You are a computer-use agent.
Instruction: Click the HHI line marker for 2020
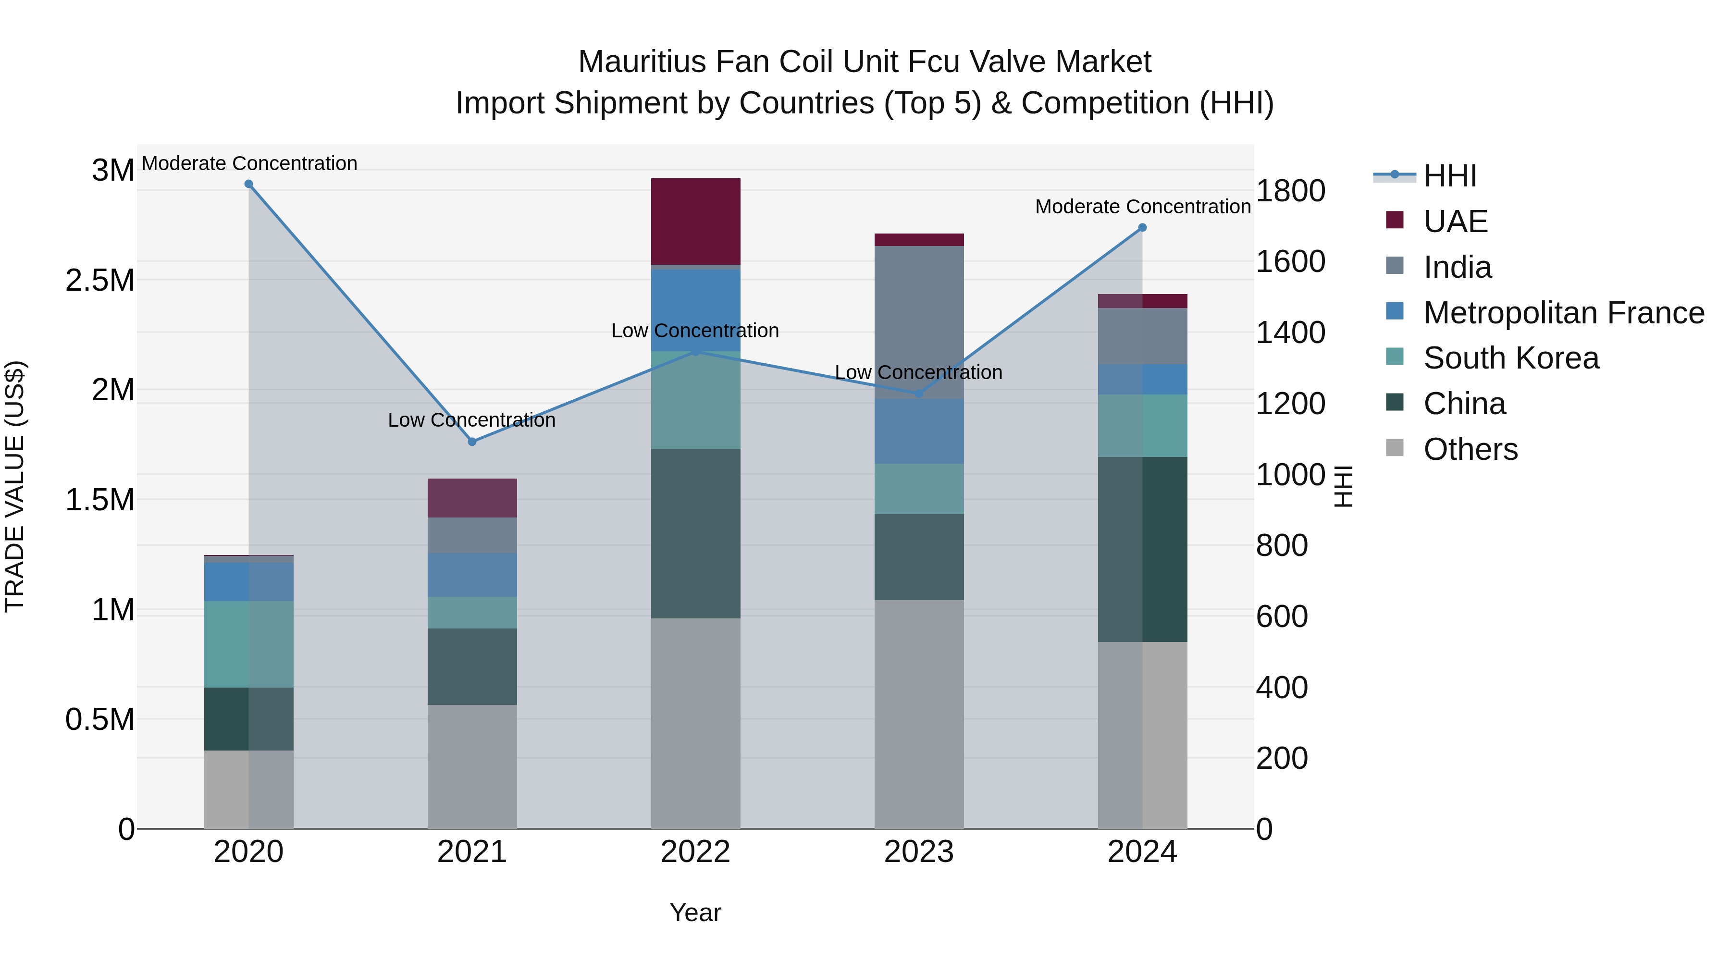coord(248,184)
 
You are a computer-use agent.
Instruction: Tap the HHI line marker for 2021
coord(472,442)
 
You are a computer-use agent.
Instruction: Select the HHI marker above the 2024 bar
coord(1142,228)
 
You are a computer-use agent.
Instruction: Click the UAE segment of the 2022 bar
coord(696,222)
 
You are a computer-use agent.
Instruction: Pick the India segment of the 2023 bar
coord(919,322)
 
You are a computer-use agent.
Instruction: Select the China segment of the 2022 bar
coord(696,534)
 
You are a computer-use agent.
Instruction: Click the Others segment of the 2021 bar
coord(472,766)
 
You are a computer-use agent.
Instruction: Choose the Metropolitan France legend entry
coord(1563,313)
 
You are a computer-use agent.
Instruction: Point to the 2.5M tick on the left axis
coord(100,281)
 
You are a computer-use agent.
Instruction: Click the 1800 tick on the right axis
coord(1290,191)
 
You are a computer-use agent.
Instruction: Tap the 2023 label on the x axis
coord(919,852)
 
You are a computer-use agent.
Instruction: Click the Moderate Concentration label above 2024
coord(1142,207)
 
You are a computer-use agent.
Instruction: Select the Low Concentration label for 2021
coord(472,420)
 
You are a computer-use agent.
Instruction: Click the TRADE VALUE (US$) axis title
coord(15,486)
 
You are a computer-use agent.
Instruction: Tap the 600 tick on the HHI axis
coord(1281,616)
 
